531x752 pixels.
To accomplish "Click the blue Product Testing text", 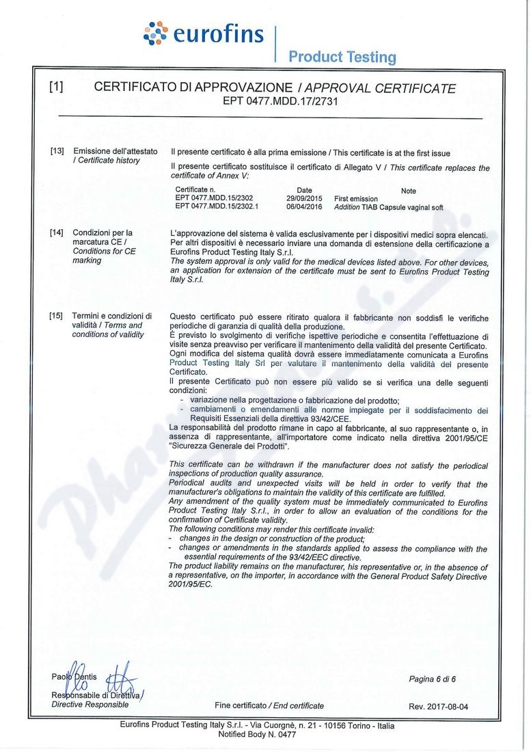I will [342, 57].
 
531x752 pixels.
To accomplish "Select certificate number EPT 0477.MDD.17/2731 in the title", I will [282, 100].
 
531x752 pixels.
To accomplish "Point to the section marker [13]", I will [57, 151].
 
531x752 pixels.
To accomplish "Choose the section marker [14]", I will [57, 233].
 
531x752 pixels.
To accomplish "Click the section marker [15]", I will [57, 316].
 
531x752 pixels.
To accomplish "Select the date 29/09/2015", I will [305, 198].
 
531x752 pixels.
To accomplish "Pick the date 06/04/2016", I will [305, 206].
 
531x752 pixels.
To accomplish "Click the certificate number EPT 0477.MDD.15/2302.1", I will [213, 206].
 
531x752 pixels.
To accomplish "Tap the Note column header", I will [408, 191].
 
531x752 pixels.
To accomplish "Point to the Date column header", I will [305, 190].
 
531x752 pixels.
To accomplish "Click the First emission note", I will [355, 199].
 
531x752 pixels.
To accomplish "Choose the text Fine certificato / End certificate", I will [269, 706].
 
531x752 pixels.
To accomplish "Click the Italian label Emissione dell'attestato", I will [115, 151].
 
